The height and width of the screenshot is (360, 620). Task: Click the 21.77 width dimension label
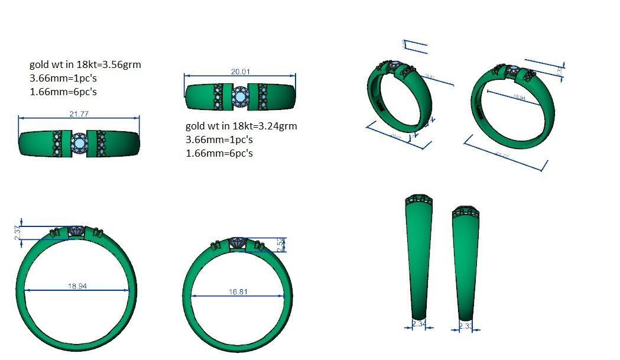[79, 114]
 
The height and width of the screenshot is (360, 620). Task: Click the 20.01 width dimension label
[240, 72]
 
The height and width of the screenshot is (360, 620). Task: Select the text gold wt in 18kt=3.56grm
[85, 64]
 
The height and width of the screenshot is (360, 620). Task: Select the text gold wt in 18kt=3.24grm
[241, 126]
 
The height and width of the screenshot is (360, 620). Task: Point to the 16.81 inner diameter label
[238, 292]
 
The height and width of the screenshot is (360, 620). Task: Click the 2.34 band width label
[418, 324]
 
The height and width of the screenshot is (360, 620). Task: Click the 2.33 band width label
[466, 326]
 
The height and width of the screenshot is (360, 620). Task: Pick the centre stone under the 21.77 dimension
[79, 143]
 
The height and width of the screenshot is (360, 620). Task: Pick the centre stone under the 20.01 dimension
[240, 95]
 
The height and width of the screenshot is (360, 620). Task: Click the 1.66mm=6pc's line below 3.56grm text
[63, 92]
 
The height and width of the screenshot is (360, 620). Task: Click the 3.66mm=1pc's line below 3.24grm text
[219, 140]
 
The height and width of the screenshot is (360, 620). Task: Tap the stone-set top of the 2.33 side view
[466, 212]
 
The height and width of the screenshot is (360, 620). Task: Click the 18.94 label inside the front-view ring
[77, 286]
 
